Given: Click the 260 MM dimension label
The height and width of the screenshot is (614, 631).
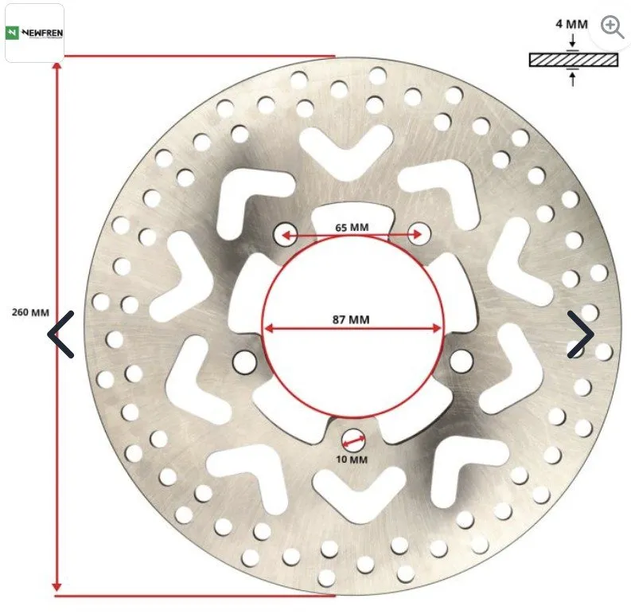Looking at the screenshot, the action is point(30,312).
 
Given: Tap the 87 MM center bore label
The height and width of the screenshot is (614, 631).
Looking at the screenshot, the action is point(351,319).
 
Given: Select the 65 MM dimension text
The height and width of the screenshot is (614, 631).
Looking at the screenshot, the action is point(352,228).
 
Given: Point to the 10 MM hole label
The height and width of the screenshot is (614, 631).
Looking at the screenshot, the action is point(352,460).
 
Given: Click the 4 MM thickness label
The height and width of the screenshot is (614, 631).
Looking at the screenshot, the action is point(572,24).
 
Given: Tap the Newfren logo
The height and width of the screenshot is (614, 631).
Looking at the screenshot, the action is point(34,33).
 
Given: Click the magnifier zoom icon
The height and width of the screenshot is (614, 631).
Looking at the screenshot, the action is point(612,27).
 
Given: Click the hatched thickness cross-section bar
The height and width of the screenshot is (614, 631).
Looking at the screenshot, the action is point(574,60).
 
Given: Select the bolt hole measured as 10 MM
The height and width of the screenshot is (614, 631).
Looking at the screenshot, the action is point(353,440).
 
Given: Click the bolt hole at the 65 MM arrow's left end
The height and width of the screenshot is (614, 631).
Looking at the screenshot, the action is point(286,234).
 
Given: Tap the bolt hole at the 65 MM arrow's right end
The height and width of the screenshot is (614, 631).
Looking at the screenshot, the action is point(419,233).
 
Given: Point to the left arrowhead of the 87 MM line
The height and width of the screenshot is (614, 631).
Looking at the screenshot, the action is point(269,328).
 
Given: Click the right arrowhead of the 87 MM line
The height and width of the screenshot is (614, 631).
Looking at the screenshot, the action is point(436,329).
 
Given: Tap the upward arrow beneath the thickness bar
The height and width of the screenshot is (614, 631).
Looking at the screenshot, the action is point(573,78).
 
